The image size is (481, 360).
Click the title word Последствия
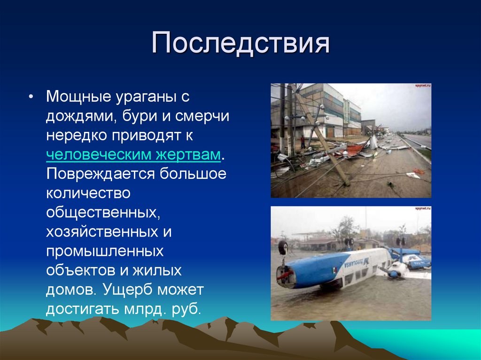tap(240, 45)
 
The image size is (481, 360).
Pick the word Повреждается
tap(100, 173)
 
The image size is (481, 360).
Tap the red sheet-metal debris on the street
tap(355, 149)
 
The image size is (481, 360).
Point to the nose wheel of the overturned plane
tap(283, 247)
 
